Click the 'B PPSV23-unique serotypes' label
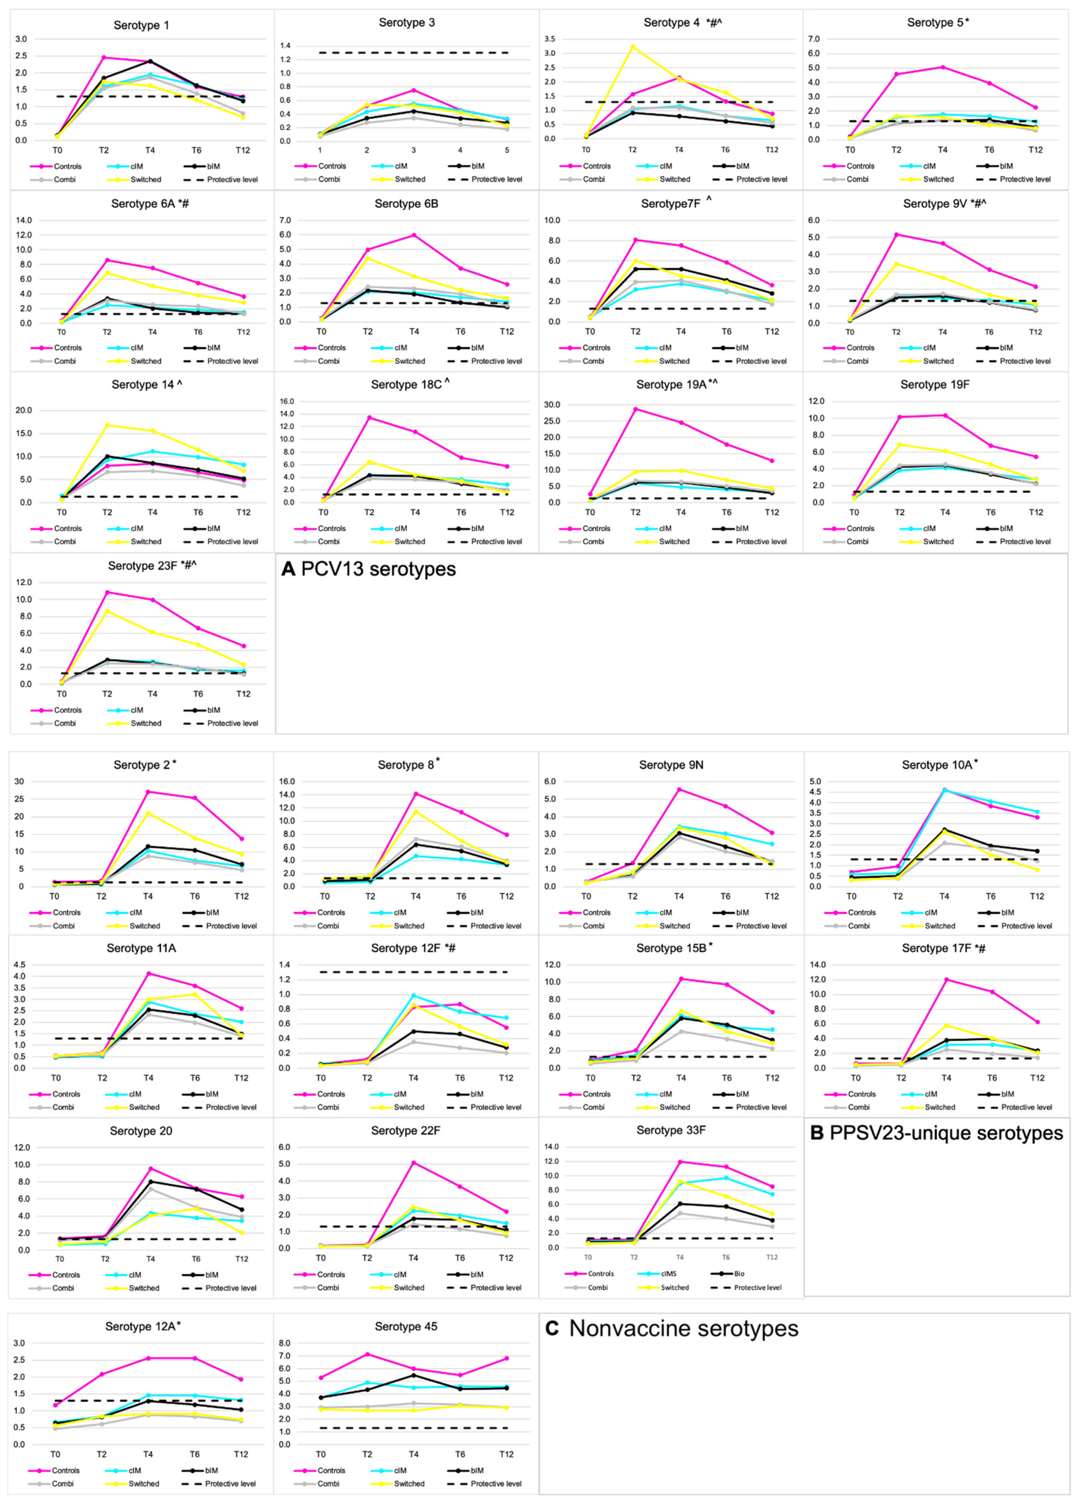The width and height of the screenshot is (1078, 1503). point(936,1133)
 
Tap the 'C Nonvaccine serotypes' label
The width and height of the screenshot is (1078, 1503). point(672,1329)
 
